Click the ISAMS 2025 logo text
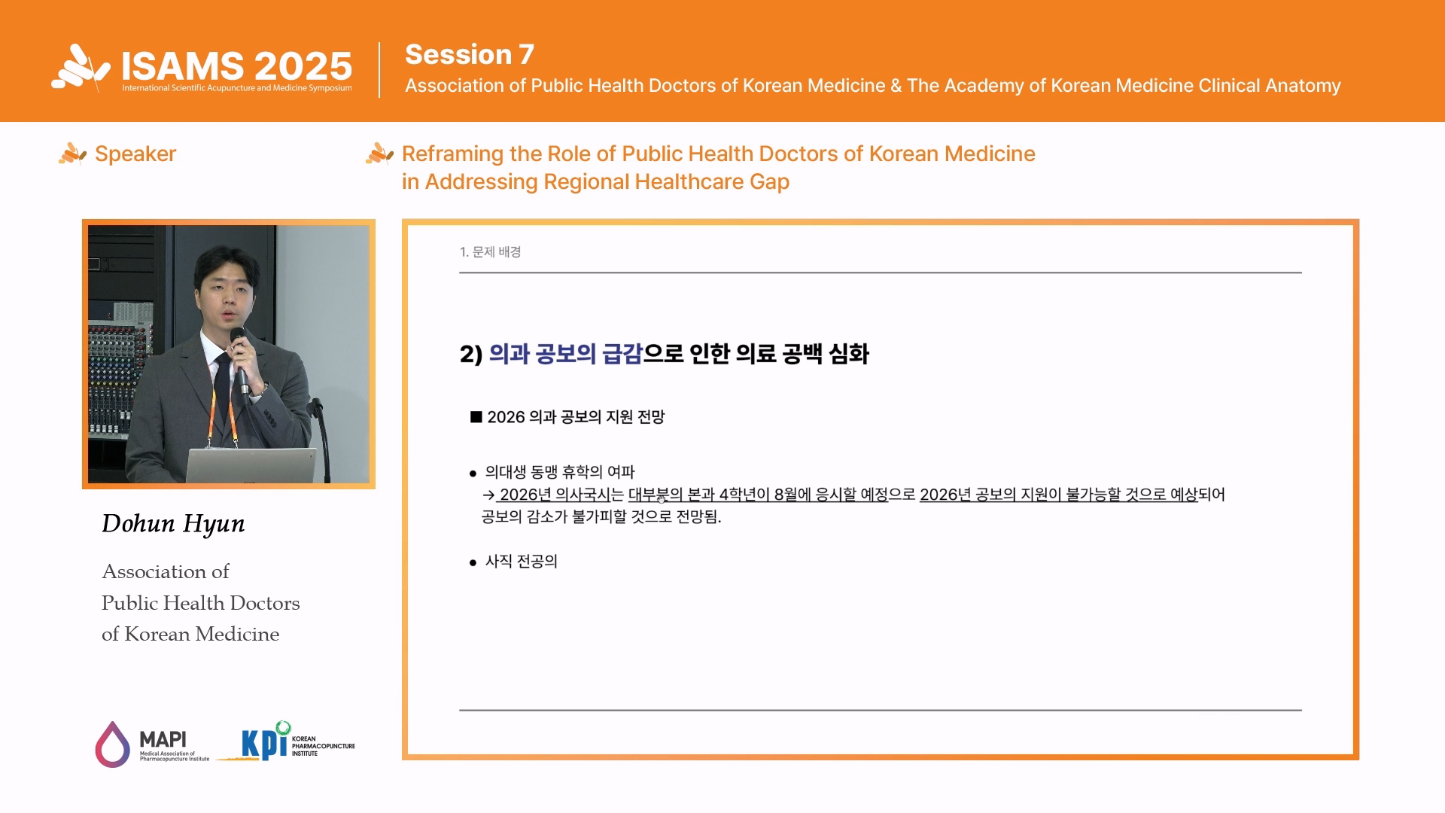(236, 66)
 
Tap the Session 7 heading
(470, 54)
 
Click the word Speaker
(135, 154)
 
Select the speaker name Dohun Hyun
(173, 523)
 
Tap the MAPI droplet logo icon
(112, 744)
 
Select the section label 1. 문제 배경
(491, 251)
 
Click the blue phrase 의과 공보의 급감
(565, 354)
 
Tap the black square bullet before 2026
(476, 416)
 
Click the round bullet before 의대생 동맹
(473, 473)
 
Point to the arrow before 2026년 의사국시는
(488, 495)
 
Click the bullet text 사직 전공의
(522, 562)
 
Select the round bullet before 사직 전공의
(473, 563)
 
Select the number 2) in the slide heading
(471, 355)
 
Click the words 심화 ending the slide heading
(849, 354)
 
